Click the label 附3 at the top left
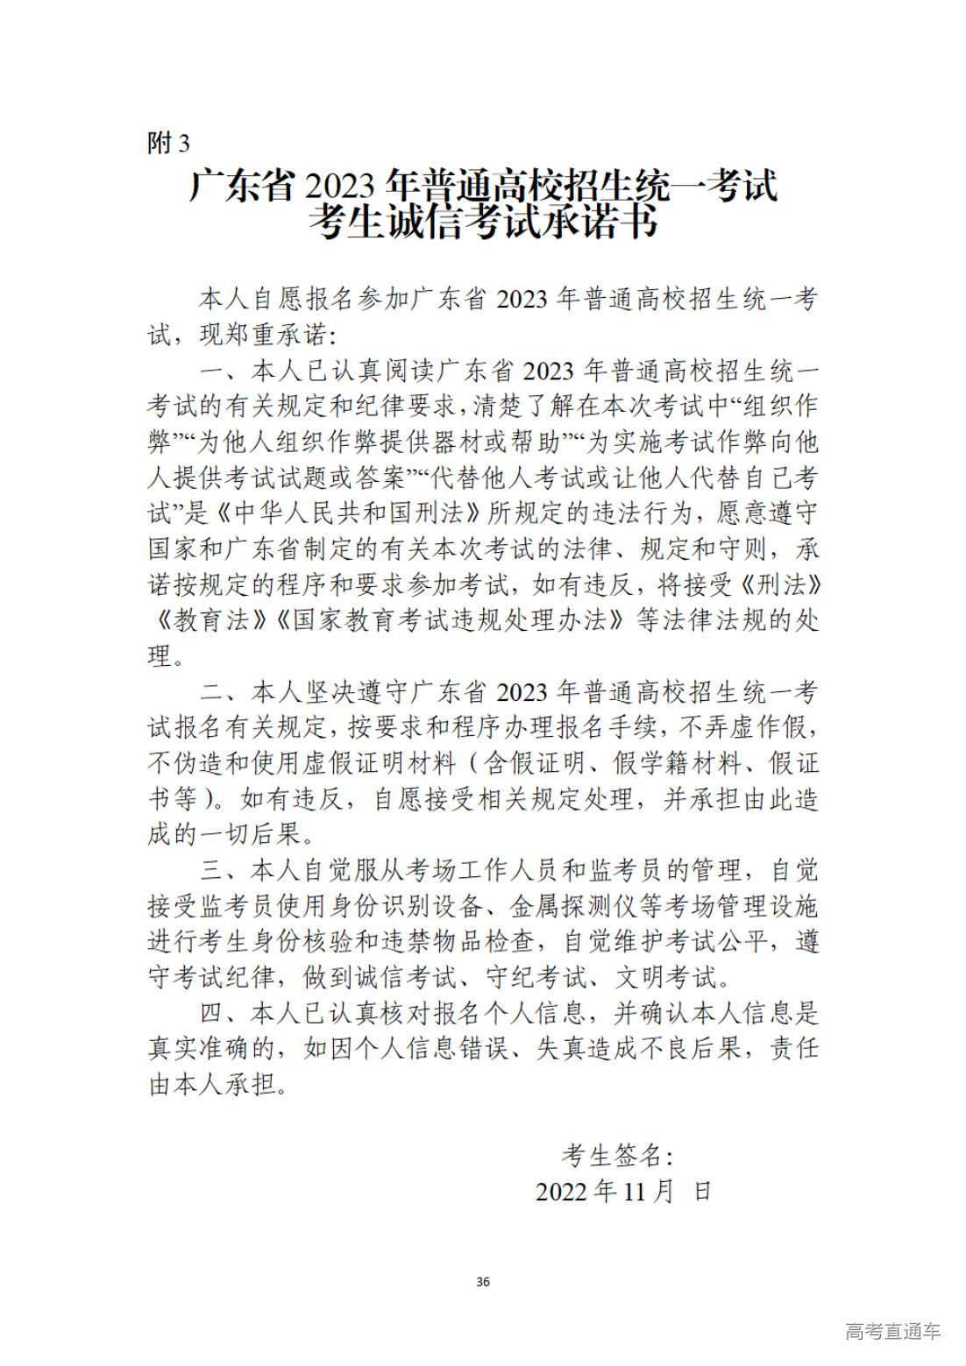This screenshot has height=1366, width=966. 167,143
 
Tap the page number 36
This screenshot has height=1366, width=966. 483,1282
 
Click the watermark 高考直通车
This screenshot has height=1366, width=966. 892,1331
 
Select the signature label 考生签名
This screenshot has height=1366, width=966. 614,1156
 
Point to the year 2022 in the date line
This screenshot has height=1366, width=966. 563,1192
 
